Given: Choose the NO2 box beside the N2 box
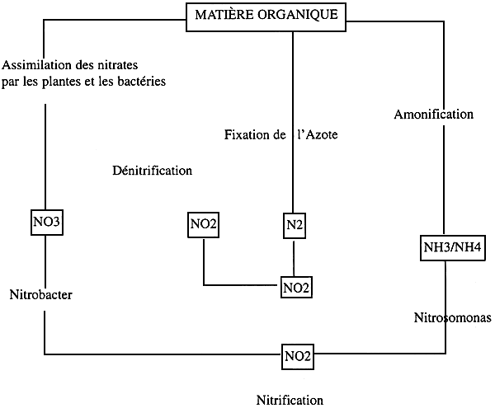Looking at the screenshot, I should click(x=204, y=223).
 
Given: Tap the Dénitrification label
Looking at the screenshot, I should click(x=151, y=171).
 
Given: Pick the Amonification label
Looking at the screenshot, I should click(x=434, y=115).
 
